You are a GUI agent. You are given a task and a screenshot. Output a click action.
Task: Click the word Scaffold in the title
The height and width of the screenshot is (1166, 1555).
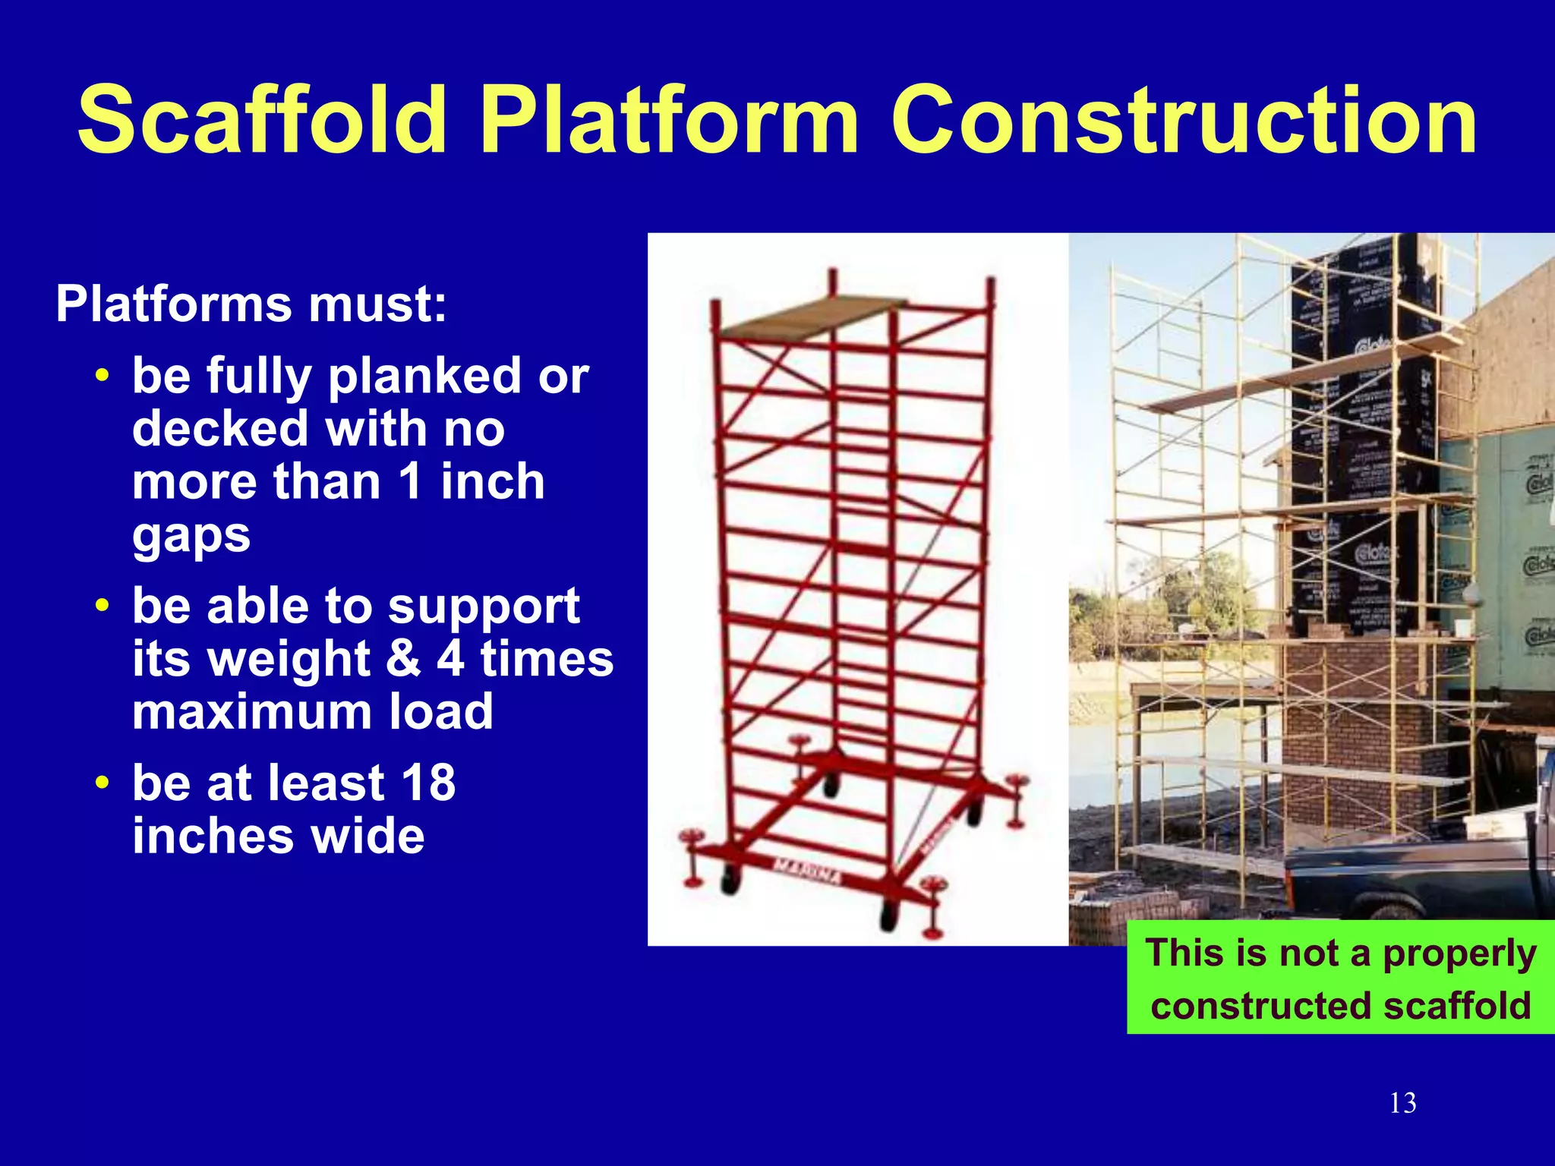click(262, 120)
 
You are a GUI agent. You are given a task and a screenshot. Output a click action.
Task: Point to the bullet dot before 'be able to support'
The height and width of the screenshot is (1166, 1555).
click(103, 606)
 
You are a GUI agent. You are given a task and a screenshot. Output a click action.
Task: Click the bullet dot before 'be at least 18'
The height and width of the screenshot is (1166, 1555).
click(103, 782)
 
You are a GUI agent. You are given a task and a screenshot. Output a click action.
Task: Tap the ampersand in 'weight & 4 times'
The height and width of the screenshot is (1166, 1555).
click(402, 658)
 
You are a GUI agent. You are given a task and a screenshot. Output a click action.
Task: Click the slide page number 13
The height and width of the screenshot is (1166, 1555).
click(1402, 1103)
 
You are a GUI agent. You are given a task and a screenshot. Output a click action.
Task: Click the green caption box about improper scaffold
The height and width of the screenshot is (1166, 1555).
click(1340, 978)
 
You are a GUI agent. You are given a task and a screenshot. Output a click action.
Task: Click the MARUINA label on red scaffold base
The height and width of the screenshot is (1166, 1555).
click(806, 872)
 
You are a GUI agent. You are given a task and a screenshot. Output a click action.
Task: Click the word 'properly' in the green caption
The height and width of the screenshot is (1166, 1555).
click(1459, 953)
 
